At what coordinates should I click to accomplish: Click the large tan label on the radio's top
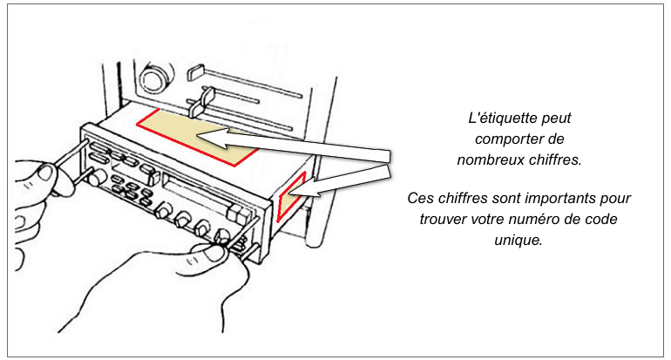(x=196, y=136)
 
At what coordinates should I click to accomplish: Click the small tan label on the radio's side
(x=291, y=196)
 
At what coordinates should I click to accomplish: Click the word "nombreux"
(x=490, y=159)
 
